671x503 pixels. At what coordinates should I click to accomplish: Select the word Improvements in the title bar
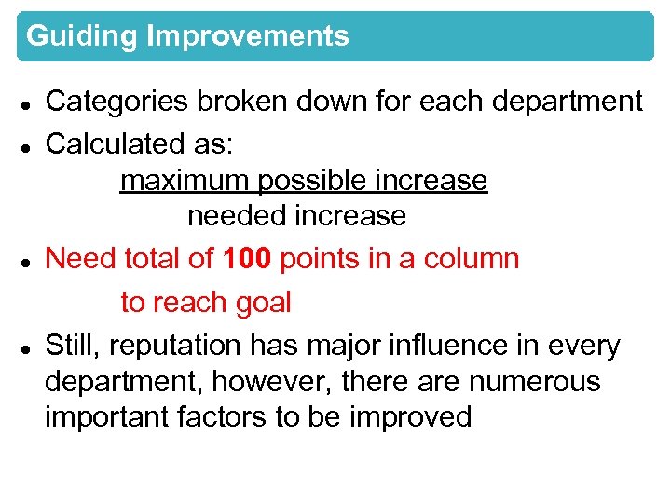coord(248,36)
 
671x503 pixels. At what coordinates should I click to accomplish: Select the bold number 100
coord(247,258)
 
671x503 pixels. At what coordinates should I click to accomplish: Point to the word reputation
coord(186,346)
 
